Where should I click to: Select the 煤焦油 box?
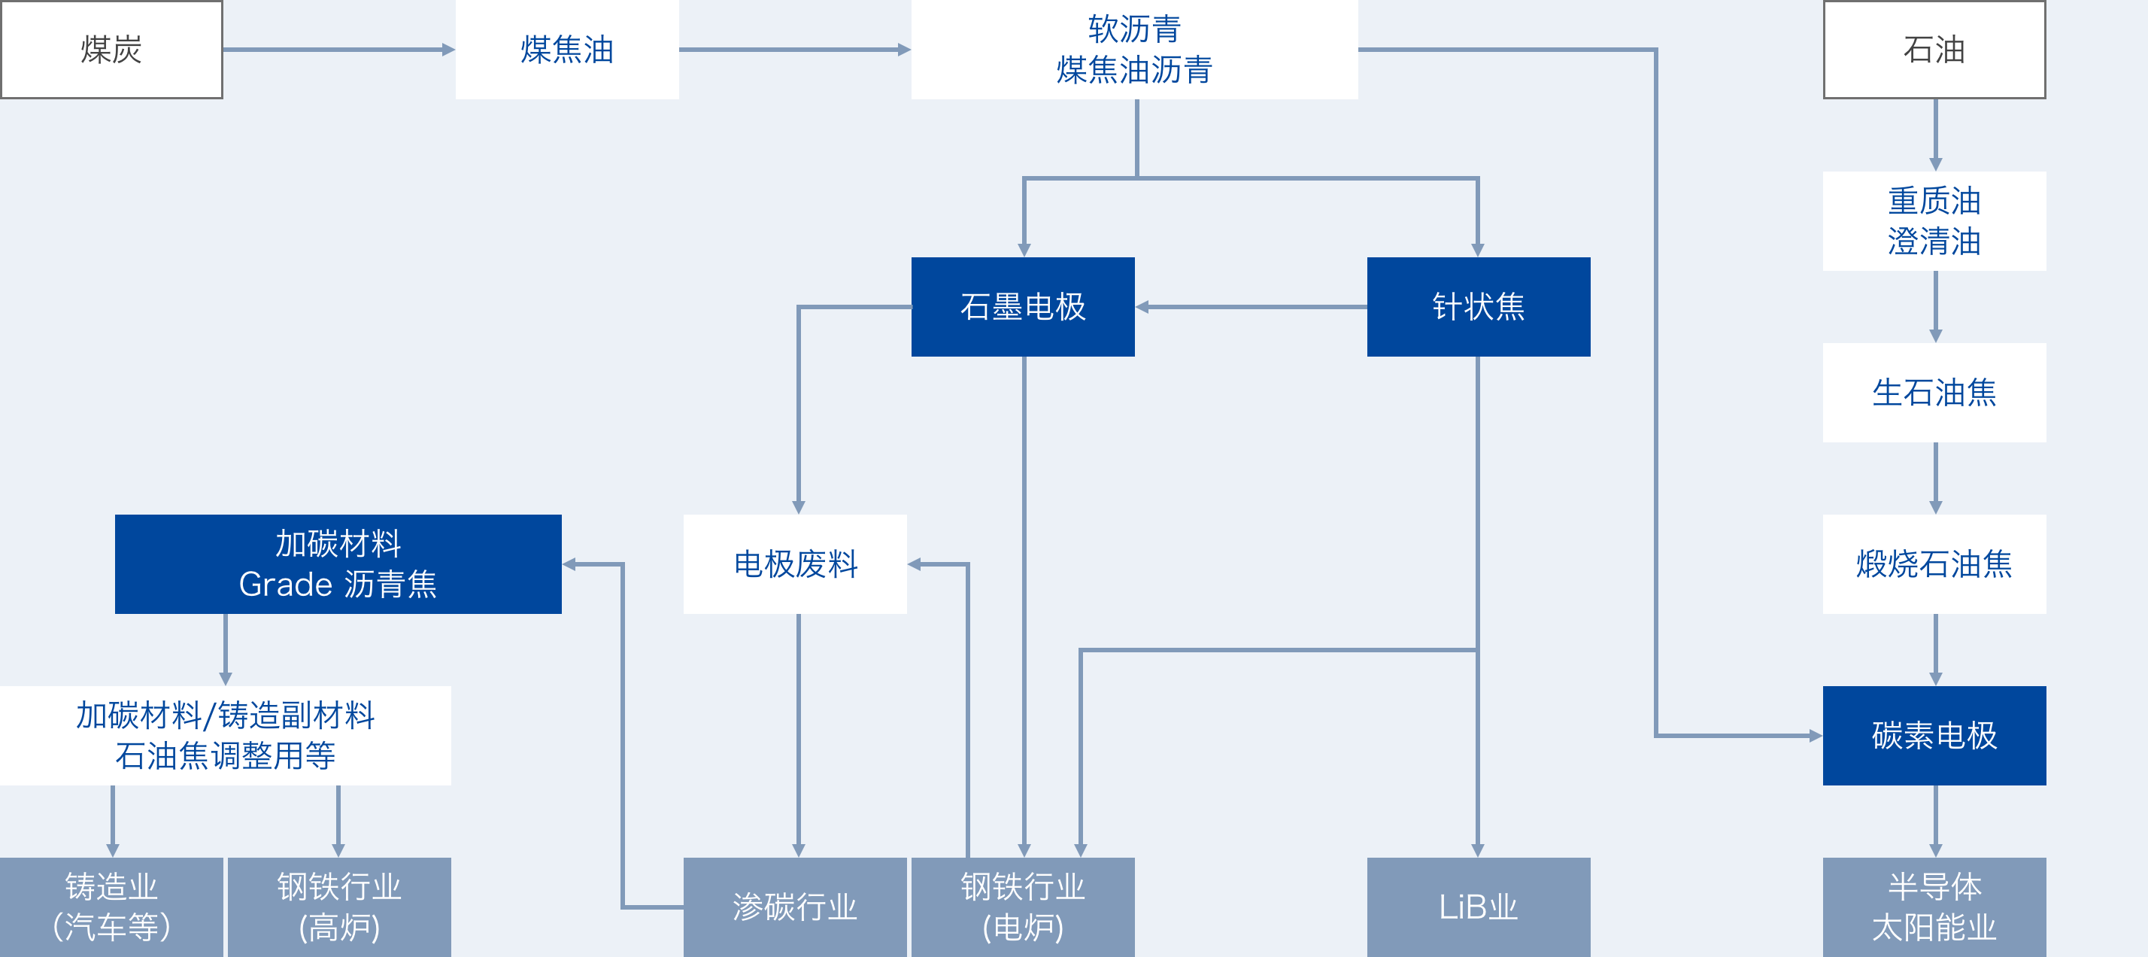567,49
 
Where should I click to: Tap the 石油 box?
1934,49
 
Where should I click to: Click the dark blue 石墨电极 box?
1023,306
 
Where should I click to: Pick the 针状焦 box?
1479,306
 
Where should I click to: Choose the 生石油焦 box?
1934,392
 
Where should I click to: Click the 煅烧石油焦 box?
1934,564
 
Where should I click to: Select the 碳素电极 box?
1934,735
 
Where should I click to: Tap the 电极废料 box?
796,564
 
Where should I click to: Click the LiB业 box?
1479,907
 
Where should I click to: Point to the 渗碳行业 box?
796,907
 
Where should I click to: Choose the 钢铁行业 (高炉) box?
339,907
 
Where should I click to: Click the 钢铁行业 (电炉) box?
1023,907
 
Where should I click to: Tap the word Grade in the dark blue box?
286,584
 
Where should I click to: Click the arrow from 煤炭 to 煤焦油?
339,49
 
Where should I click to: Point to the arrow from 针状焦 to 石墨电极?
1251,307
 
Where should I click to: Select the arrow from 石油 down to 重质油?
1935,135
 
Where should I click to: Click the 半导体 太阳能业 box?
1934,907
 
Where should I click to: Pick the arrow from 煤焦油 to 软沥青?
796,49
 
